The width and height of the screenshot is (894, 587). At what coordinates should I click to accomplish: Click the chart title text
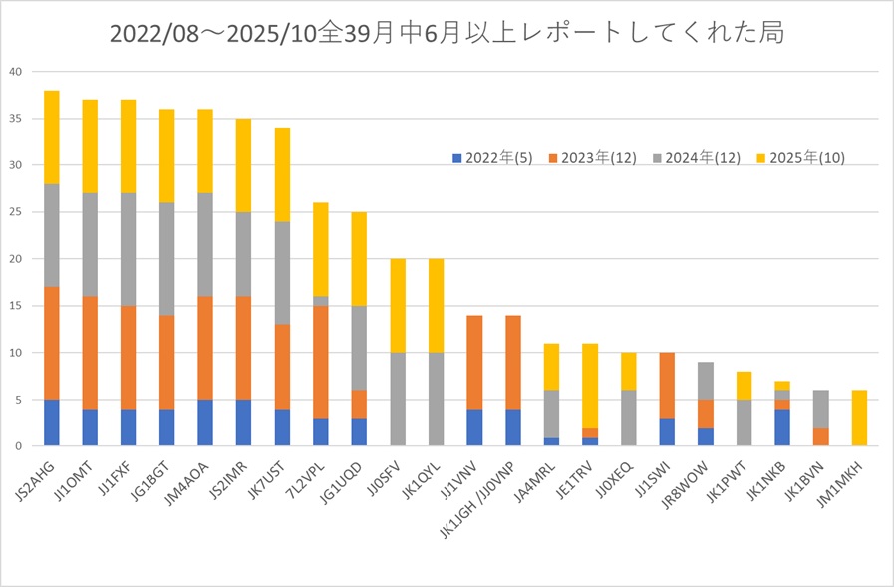coord(447,33)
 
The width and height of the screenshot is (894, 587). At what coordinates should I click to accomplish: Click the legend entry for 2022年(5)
coord(492,157)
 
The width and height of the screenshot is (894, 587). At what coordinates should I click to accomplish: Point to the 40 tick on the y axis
coord(14,72)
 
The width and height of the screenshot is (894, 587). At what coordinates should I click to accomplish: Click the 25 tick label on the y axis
coord(14,212)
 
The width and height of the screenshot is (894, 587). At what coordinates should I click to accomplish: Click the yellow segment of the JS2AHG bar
coord(52,138)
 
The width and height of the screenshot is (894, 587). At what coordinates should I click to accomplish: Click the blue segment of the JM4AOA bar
coord(205,423)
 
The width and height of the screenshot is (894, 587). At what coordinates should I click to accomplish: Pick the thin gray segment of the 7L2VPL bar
coord(320,301)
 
